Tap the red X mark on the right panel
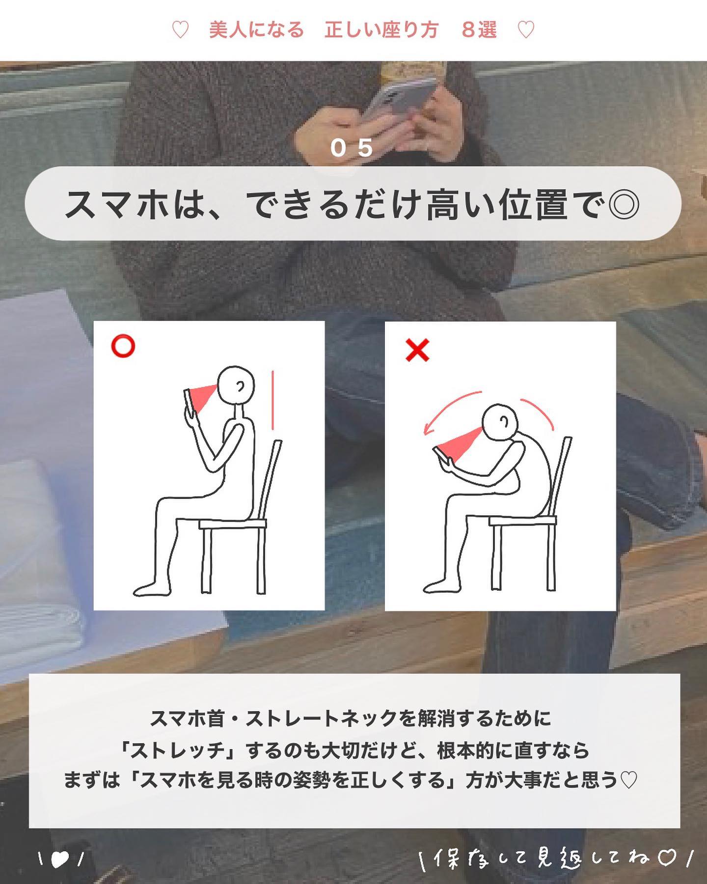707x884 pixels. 417,350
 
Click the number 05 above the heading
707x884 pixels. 352,148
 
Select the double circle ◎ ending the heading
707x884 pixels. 623,204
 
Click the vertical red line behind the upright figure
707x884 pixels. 272,400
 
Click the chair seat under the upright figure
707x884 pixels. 233,524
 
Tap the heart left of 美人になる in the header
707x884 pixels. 180,30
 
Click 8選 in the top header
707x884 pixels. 479,30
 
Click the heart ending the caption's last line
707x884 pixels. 629,780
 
